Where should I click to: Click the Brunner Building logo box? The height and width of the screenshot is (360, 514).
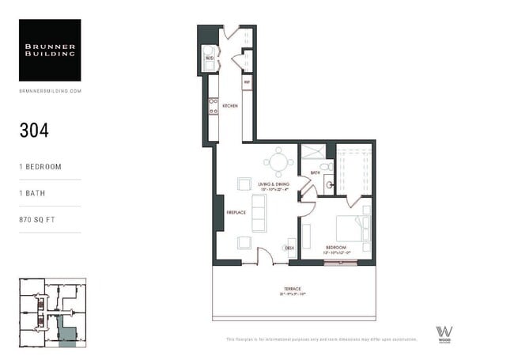[x=50, y=50]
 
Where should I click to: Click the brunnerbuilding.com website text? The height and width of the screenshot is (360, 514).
[x=50, y=91]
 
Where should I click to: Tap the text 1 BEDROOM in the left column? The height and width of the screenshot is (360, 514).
[x=40, y=167]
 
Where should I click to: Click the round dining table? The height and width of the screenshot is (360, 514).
[x=278, y=162]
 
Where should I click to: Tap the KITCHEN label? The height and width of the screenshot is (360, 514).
[x=230, y=105]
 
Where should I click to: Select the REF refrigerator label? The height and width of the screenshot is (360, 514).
[x=247, y=81]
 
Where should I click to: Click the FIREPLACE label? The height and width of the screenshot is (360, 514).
[x=236, y=212]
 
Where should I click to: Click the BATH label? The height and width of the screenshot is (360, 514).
[x=314, y=172]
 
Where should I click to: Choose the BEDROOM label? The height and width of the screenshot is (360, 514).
[x=336, y=247]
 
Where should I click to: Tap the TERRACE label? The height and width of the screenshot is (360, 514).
[x=293, y=288]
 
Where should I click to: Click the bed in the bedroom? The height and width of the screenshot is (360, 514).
[x=352, y=228]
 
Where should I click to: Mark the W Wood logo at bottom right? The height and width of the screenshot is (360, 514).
[x=444, y=333]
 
